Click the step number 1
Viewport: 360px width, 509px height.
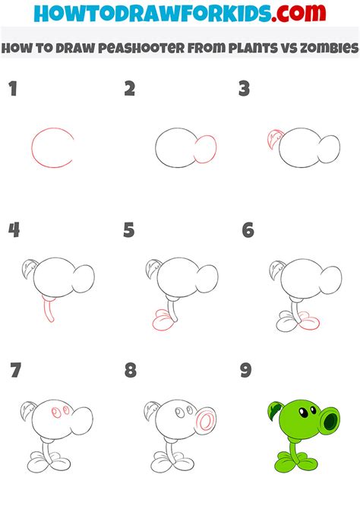click(13, 89)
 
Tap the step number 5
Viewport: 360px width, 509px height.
click(129, 230)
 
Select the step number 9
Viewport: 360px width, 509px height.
click(246, 370)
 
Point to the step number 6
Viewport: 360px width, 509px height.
click(248, 230)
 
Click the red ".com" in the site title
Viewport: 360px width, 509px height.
click(299, 13)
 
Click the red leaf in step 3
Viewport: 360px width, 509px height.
click(275, 139)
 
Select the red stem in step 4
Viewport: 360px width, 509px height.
click(49, 310)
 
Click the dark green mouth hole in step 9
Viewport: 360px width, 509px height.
click(330, 421)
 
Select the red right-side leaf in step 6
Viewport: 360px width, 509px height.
click(308, 321)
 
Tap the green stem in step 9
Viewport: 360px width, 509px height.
click(295, 452)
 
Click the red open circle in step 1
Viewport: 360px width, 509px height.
click(32, 147)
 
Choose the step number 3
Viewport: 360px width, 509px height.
click(244, 89)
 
